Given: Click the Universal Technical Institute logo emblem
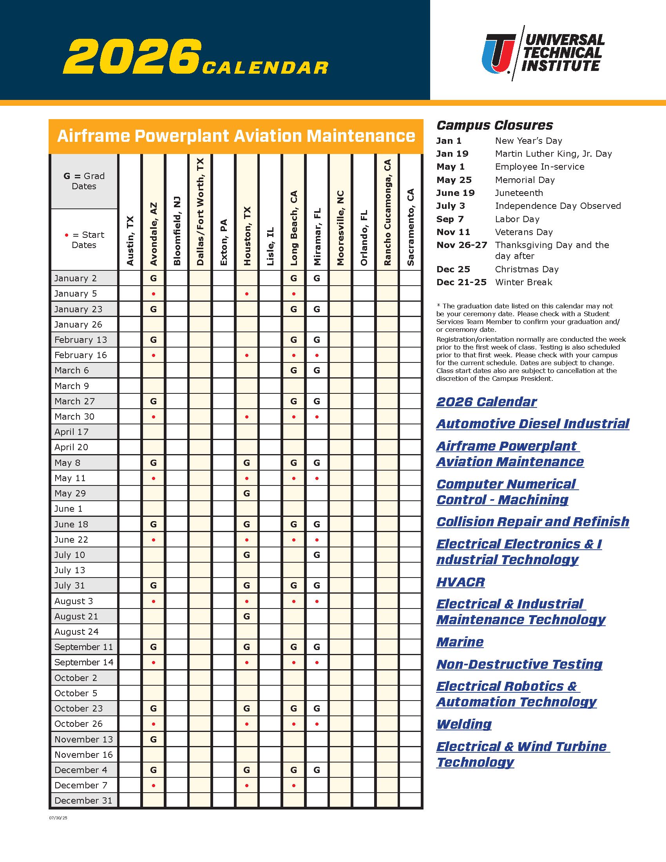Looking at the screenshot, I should [498, 54].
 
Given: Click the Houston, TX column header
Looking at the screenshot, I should [247, 235].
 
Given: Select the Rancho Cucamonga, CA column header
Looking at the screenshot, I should [387, 212].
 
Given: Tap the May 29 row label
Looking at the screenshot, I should [70, 493].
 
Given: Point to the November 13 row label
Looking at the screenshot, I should [84, 739].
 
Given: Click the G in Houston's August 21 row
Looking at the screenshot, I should [247, 616].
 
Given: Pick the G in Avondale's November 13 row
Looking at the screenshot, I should [154, 739].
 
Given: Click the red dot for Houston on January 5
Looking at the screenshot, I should [247, 293].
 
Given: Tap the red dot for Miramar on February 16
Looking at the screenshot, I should [317, 355].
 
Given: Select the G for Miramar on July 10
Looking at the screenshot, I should [317, 555].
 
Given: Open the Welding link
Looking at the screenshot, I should [464, 724].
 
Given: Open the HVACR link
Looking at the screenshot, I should [460, 582].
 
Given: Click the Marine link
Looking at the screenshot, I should [460, 642].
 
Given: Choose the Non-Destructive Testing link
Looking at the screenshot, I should [519, 664].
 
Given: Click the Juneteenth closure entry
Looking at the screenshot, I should [519, 193].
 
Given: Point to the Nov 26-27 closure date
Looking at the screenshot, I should [461, 245].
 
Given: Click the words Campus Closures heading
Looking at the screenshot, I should [494, 125].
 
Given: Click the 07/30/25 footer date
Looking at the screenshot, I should [58, 818].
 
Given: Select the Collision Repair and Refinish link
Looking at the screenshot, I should [533, 522].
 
